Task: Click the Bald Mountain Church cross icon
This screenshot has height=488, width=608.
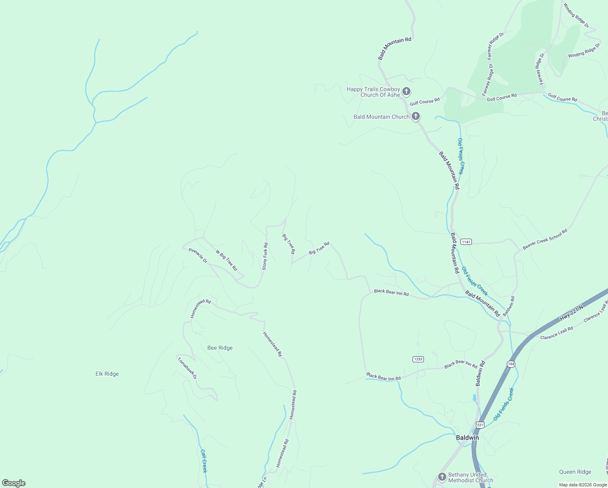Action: [x=415, y=116]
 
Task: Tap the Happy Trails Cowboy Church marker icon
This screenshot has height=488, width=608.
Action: [x=406, y=91]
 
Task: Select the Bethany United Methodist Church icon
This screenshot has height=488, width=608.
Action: [x=442, y=477]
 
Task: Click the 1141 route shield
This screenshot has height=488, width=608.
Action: [x=466, y=242]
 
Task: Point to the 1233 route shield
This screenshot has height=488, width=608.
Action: [x=418, y=359]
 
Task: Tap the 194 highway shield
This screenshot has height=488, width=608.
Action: [x=511, y=363]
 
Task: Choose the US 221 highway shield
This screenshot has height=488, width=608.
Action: [x=480, y=425]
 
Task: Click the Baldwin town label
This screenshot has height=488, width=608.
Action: [x=467, y=438]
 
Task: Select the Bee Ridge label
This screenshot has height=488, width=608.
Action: [x=220, y=348]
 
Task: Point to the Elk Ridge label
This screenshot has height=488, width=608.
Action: [x=107, y=374]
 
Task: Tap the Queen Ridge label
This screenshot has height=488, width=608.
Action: [x=575, y=472]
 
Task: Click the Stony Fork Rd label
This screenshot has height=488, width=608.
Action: [x=265, y=256]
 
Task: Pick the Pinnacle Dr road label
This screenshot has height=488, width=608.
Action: [x=198, y=255]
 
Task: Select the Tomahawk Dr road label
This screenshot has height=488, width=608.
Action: [x=187, y=368]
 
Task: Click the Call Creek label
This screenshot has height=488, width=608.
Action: [x=204, y=461]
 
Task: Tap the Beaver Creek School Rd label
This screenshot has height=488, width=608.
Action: [x=545, y=239]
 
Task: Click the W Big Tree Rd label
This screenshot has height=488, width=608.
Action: [x=226, y=260]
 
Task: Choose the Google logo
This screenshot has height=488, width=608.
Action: [x=13, y=483]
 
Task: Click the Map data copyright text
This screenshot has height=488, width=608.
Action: [x=582, y=485]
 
